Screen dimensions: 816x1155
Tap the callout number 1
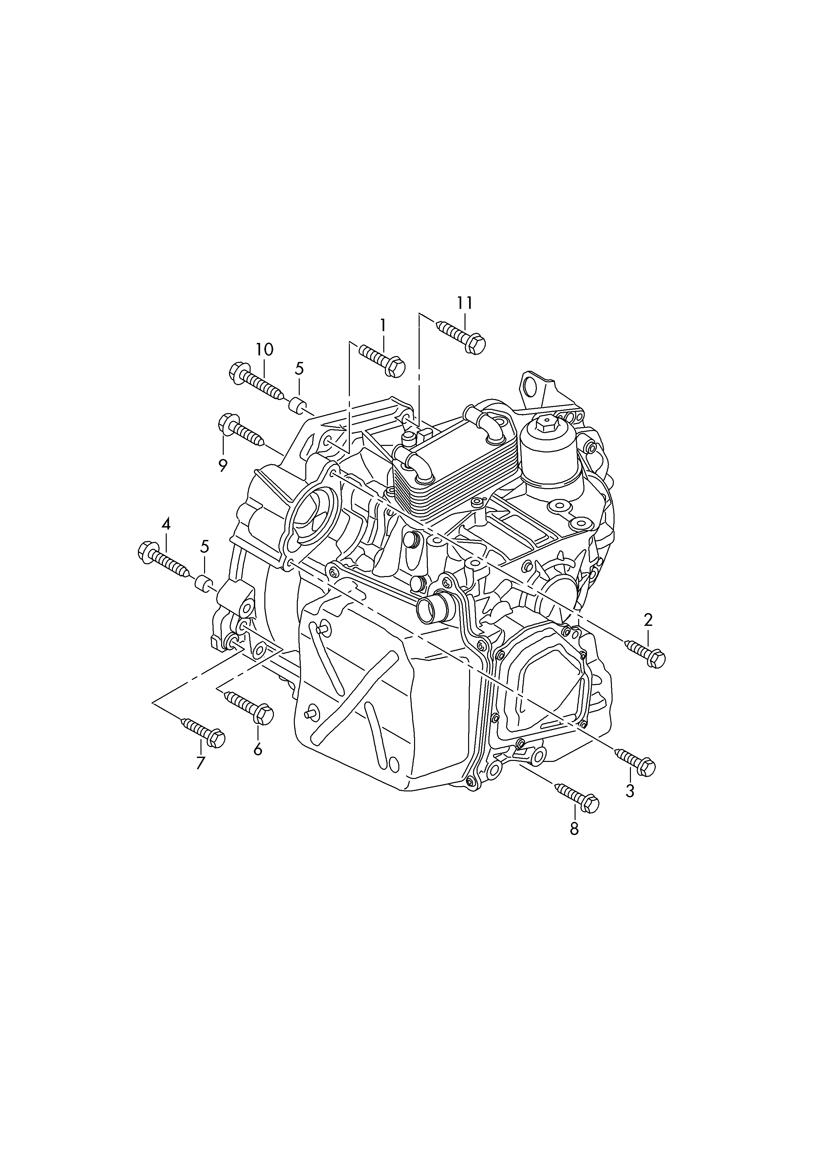pos(383,326)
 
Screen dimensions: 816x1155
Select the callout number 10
pos(264,349)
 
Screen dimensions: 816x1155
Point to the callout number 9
pos(223,465)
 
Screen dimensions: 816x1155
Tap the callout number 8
pos(574,829)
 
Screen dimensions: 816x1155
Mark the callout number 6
pos(258,764)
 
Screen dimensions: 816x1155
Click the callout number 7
pos(200,777)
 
